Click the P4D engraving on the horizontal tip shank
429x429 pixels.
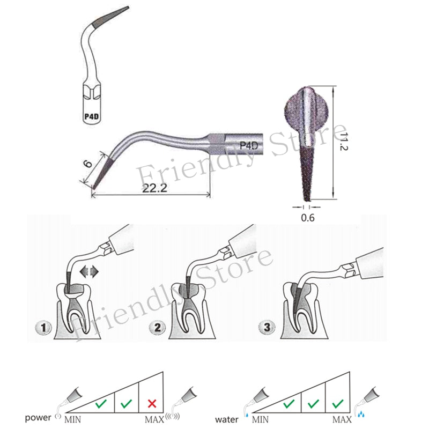point(249,145)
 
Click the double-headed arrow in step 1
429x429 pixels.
point(88,272)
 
